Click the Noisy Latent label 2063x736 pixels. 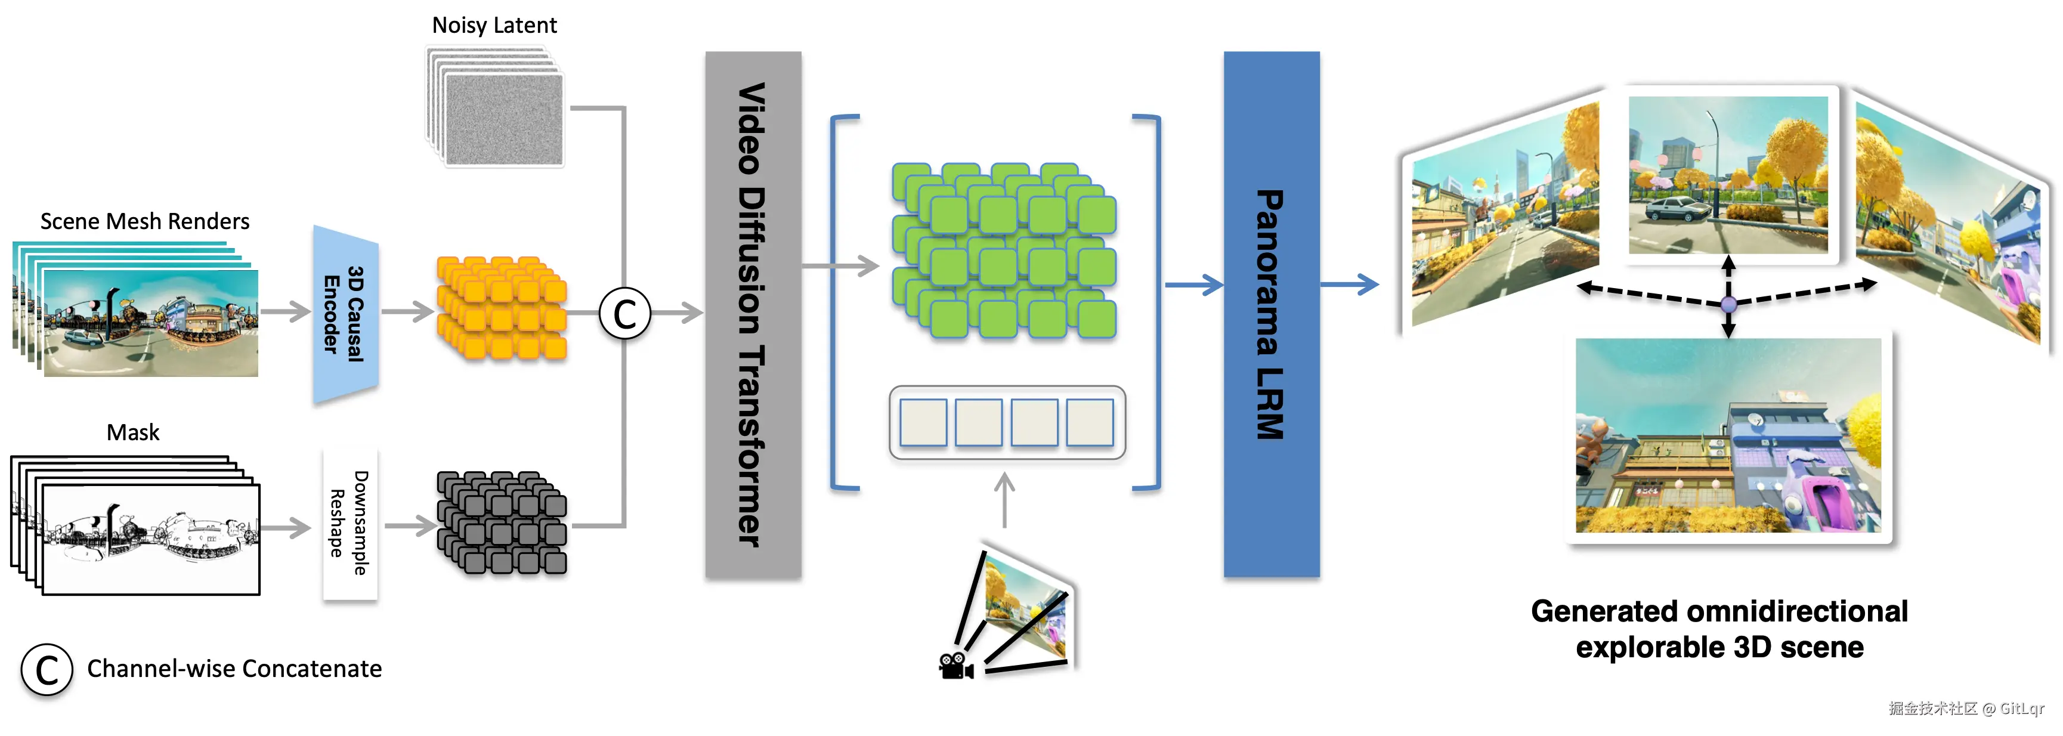tap(494, 26)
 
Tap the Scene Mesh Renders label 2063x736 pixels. tap(145, 221)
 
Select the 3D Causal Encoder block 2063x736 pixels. tap(345, 314)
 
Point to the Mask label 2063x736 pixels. tap(133, 432)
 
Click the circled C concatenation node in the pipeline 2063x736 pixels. tap(624, 313)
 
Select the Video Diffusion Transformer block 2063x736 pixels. tap(753, 314)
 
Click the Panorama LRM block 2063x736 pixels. tap(1271, 314)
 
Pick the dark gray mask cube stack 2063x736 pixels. tap(502, 522)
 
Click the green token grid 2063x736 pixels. tap(1004, 251)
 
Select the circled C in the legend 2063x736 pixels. tap(47, 670)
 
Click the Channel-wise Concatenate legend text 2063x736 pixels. tap(234, 669)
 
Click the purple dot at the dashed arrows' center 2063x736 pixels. tap(1728, 304)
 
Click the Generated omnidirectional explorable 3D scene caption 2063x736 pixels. tap(1719, 629)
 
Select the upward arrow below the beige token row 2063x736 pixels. tap(1004, 500)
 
